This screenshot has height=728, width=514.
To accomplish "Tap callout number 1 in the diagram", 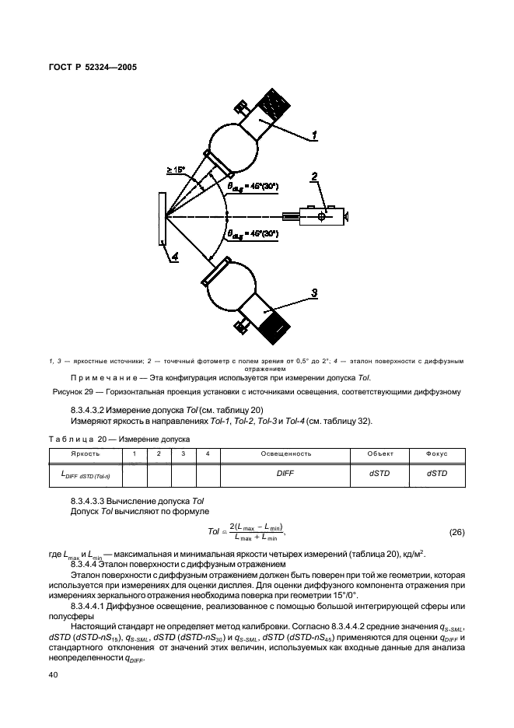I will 314,135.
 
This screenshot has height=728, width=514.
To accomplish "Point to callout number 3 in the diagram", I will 314,292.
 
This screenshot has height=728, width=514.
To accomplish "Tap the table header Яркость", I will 85,452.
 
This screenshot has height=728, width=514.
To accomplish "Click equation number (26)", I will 457,532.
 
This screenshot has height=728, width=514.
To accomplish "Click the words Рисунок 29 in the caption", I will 76,391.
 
